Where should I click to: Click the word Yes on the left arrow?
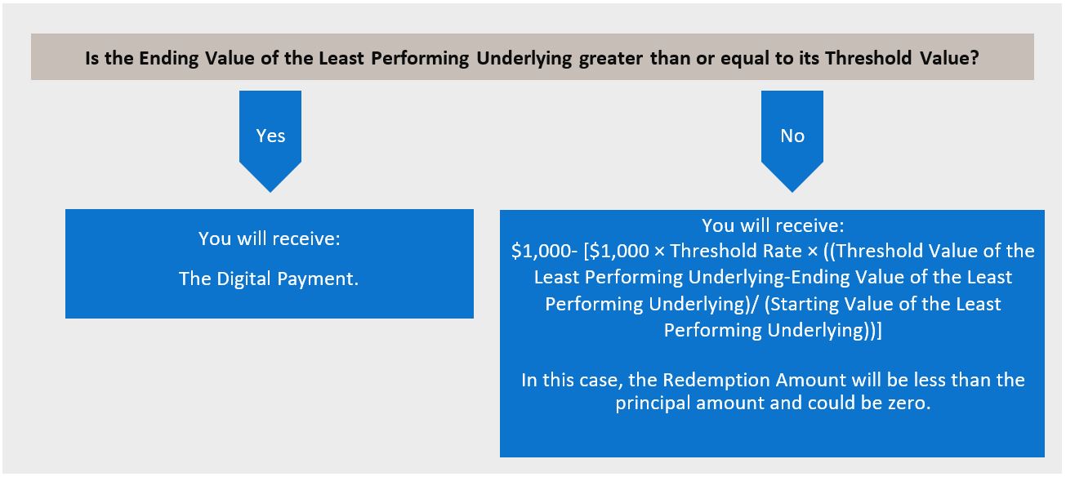pos(270,136)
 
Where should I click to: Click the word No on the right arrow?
pos(792,136)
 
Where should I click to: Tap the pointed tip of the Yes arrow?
pos(270,192)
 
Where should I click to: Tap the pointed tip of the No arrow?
pos(792,192)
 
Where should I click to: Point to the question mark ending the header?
pos(974,58)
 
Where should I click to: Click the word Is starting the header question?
pos(91,58)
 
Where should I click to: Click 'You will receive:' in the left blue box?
pos(270,238)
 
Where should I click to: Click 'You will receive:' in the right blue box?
pos(773,225)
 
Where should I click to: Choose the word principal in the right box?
pos(653,403)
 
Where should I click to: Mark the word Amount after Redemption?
pos(811,381)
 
